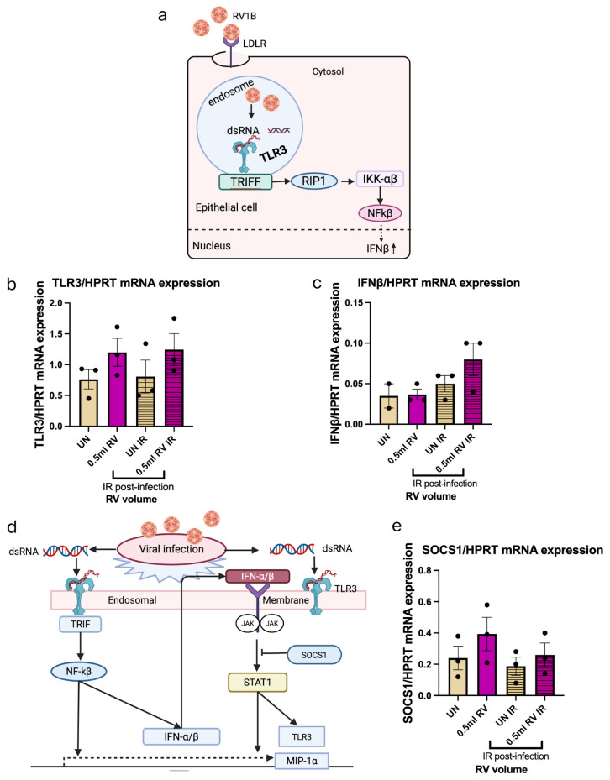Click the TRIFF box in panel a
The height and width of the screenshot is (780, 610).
point(245,181)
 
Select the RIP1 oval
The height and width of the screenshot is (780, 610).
point(313,181)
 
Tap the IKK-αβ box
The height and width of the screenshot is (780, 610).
point(380,179)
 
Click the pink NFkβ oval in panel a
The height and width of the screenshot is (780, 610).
point(380,213)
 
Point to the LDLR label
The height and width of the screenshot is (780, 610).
point(255,44)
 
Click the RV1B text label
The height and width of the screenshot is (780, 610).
point(245,17)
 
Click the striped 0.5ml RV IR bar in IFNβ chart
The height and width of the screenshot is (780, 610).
point(473,392)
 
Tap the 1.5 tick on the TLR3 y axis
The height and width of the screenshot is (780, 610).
point(62,334)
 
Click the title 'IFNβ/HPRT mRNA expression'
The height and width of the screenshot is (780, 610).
point(439,283)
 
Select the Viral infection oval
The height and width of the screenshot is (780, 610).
point(171,549)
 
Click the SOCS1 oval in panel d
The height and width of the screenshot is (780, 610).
point(314,655)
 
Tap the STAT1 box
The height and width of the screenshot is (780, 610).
point(257,682)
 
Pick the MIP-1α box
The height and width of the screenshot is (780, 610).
point(302,761)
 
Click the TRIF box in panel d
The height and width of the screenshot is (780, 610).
point(80,624)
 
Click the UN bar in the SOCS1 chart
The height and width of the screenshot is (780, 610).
point(458,677)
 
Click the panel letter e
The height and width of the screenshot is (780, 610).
point(397,526)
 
